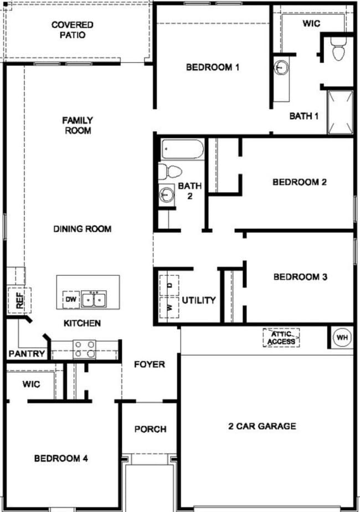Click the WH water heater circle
click(341, 337)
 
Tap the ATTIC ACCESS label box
click(281, 338)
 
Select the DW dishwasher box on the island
click(70, 300)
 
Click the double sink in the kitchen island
click(94, 300)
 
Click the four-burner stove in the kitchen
click(85, 349)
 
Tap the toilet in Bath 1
click(337, 50)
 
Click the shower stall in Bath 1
click(340, 112)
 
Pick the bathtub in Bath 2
click(182, 150)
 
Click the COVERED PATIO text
click(73, 30)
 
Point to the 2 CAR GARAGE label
click(262, 426)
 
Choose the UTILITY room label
click(198, 300)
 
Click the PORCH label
click(150, 429)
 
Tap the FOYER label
click(150, 364)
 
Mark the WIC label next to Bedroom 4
click(32, 384)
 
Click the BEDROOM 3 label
click(301, 277)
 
